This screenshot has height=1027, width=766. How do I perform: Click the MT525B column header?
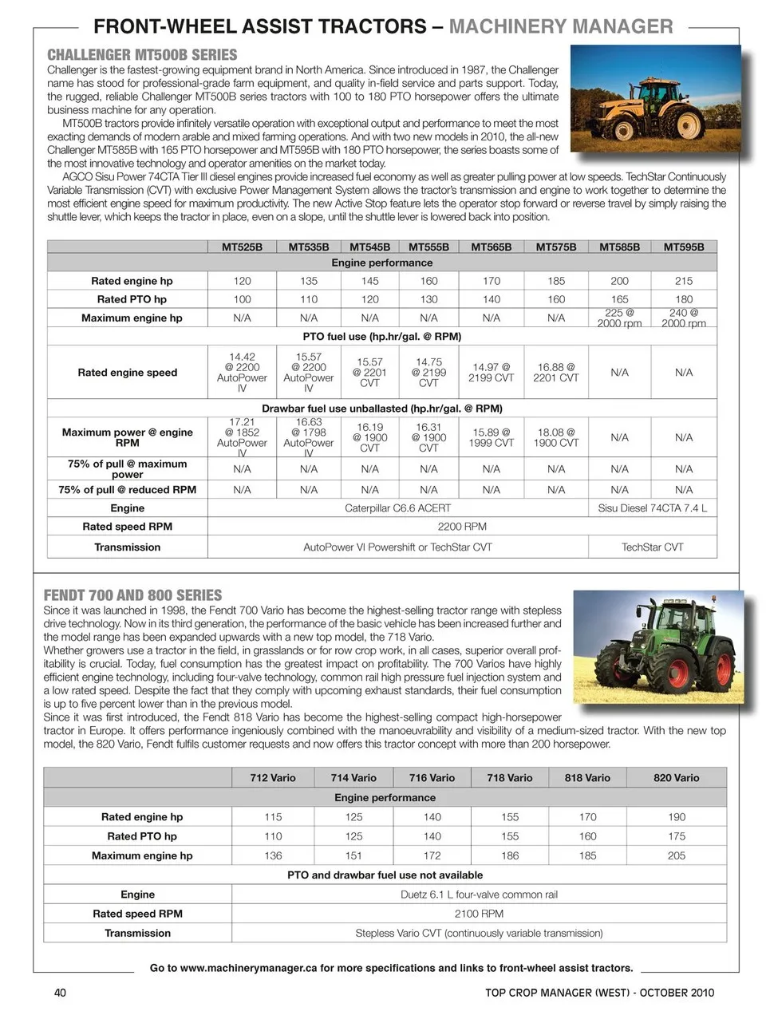[x=242, y=247]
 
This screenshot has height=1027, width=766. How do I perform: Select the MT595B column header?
[x=684, y=247]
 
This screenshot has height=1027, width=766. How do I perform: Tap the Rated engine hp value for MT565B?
[x=492, y=281]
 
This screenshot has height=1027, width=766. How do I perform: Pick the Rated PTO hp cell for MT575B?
[x=556, y=299]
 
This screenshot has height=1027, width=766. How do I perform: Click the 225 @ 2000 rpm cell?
[x=619, y=318]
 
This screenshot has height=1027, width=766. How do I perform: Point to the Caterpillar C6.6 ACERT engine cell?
[x=397, y=508]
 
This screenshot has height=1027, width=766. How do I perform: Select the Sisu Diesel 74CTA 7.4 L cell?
[x=652, y=508]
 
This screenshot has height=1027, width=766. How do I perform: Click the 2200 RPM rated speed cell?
[x=462, y=527]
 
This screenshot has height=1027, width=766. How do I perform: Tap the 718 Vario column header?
[x=510, y=778]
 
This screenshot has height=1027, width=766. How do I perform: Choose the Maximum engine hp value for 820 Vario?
[x=677, y=855]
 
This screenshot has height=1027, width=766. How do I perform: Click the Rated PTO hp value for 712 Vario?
[x=273, y=836]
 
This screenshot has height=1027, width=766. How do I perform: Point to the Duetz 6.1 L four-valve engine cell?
[x=479, y=895]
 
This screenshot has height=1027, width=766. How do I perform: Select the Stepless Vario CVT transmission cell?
[x=479, y=933]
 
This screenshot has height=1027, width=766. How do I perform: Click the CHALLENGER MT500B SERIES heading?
[x=142, y=55]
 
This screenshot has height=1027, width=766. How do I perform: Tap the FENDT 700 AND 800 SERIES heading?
[x=132, y=595]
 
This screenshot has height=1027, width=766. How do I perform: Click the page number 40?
[x=60, y=993]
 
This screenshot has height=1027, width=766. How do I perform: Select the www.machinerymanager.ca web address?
[x=249, y=968]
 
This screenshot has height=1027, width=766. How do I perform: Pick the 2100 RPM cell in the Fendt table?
[x=479, y=914]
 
